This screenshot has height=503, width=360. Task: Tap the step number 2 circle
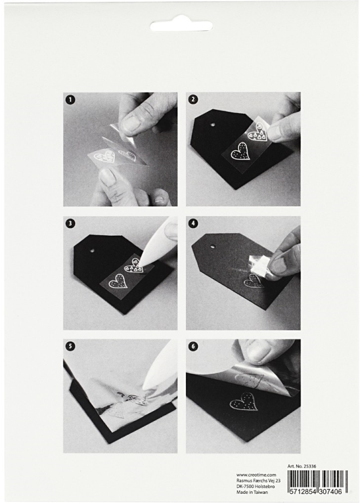pyautogui.click(x=193, y=99)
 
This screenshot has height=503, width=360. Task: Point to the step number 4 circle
pyautogui.click(x=193, y=223)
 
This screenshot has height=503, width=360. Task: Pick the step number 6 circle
pyautogui.click(x=193, y=347)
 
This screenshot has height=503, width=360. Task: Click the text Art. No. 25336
pyautogui.click(x=302, y=467)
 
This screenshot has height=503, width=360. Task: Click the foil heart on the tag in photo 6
pyautogui.click(x=243, y=405)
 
